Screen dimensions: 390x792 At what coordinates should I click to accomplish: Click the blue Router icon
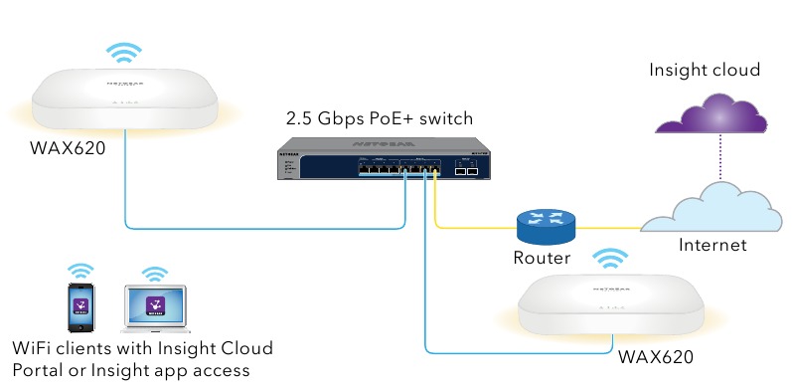click(x=546, y=227)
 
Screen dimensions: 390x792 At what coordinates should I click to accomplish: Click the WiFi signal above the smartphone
click(x=79, y=271)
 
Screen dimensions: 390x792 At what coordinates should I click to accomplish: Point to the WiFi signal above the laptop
click(x=154, y=273)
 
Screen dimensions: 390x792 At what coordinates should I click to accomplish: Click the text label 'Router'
click(x=542, y=259)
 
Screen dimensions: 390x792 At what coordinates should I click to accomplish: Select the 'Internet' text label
click(x=712, y=245)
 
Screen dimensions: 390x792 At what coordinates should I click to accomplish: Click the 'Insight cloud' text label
click(x=704, y=71)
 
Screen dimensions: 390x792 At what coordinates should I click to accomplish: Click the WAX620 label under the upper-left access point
click(x=69, y=152)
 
